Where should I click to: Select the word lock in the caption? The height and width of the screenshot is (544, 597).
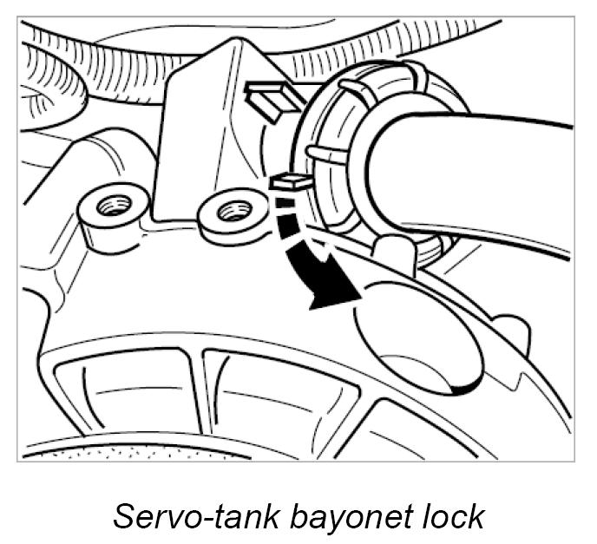tap(455, 516)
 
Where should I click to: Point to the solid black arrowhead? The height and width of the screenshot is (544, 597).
tap(334, 291)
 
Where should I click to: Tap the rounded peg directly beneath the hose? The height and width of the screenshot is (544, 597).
tap(395, 251)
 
